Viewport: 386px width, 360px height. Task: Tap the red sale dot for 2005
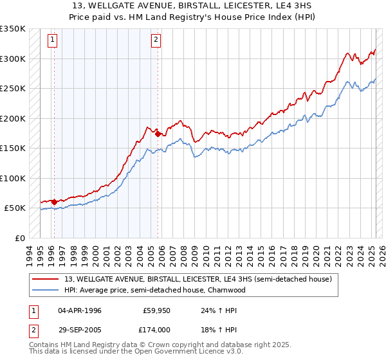[x=158, y=134]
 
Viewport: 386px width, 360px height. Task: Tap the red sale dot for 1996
[x=54, y=202]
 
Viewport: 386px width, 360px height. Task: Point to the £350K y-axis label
[x=13, y=29]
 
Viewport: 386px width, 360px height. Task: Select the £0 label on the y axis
[x=20, y=238]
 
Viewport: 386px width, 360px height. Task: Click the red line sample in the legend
[x=46, y=280]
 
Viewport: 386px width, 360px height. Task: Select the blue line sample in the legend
[x=46, y=290]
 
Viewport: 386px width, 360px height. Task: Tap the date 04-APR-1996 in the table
[x=80, y=310]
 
